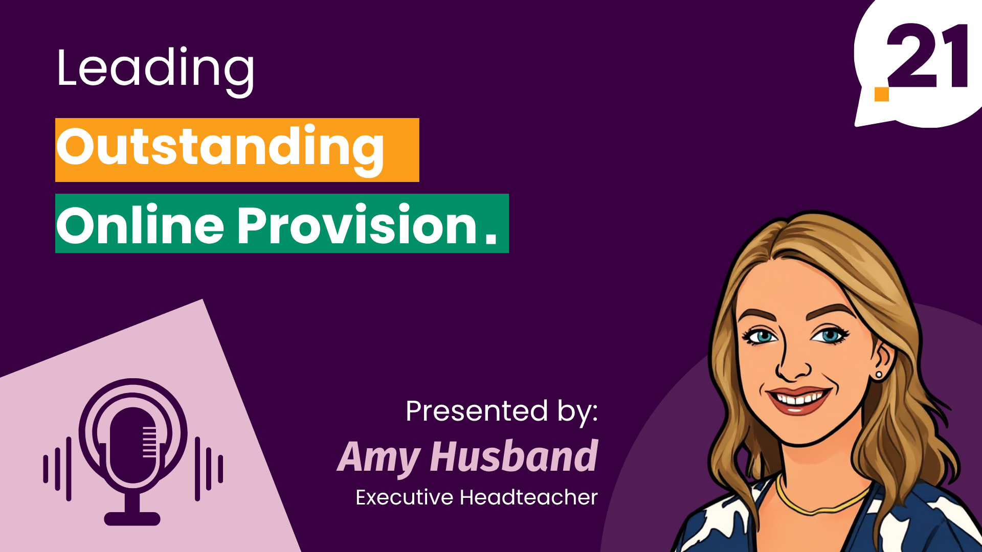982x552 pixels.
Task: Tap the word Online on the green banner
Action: tap(140, 225)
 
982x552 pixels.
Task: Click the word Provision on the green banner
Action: tap(357, 225)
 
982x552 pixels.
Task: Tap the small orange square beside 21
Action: tap(881, 94)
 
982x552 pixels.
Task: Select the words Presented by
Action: tap(501, 412)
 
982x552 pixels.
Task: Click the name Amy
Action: tap(379, 457)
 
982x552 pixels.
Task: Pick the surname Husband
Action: tap(514, 456)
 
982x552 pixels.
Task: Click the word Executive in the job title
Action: tap(404, 497)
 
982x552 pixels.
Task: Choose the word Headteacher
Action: tap(529, 497)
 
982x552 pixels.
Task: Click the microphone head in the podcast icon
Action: tap(132, 445)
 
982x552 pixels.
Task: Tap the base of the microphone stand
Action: tap(132, 518)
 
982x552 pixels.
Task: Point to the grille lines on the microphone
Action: tap(149, 441)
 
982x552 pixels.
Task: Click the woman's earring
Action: tap(879, 375)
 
